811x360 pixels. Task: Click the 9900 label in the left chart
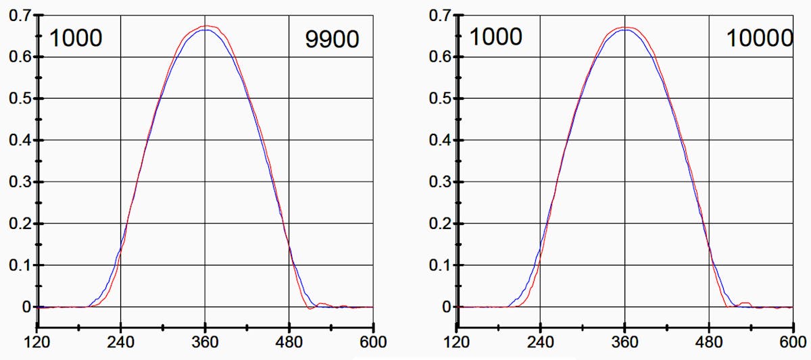(332, 39)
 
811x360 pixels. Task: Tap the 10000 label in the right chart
(759, 38)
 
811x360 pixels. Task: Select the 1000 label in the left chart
(75, 38)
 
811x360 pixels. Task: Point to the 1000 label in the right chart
(495, 36)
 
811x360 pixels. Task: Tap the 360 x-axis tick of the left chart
(205, 342)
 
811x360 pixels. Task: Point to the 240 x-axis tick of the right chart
(541, 342)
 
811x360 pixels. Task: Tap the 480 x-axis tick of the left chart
(289, 342)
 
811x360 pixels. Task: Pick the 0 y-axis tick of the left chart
(27, 307)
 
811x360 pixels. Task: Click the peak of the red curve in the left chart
(206, 26)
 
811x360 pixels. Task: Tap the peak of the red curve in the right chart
(626, 27)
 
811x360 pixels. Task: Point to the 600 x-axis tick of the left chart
(373, 342)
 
